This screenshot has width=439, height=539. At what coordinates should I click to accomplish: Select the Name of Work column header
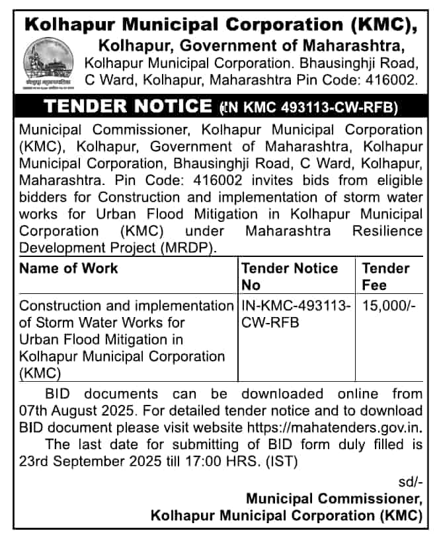(69, 268)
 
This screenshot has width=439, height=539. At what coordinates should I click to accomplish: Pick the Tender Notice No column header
(290, 276)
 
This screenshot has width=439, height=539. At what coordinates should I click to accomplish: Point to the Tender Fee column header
(385, 276)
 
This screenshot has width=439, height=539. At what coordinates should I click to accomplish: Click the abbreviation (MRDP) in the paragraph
(186, 247)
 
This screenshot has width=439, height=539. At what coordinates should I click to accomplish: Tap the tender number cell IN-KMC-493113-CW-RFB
(296, 314)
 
